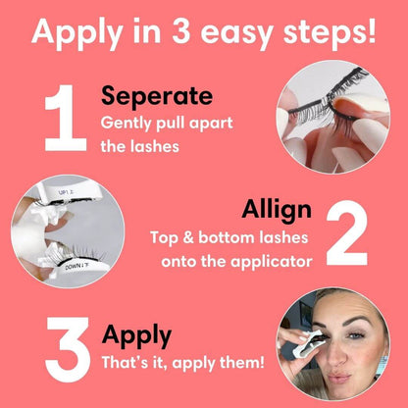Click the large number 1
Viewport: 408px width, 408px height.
63,120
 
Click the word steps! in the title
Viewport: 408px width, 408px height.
329,31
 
